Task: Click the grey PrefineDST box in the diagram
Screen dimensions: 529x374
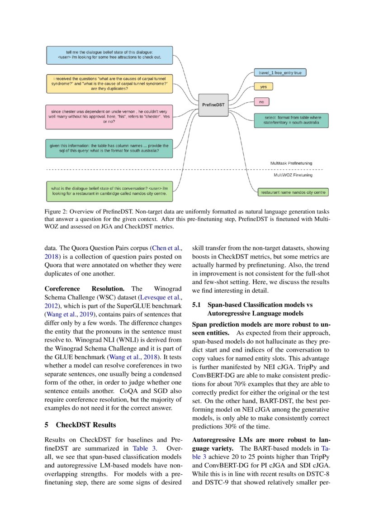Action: [x=213, y=105]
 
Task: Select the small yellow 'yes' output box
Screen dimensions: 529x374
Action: [x=263, y=86]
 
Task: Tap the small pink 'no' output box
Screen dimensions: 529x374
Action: [x=261, y=102]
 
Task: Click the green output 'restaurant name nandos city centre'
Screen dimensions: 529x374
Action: [x=293, y=192]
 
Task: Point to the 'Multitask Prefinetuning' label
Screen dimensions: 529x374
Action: [x=291, y=163]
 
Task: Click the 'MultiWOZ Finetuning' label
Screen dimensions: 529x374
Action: [x=293, y=175]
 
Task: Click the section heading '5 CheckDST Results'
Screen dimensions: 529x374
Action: [x=80, y=425]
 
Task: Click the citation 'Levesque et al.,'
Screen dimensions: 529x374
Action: [x=160, y=297]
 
